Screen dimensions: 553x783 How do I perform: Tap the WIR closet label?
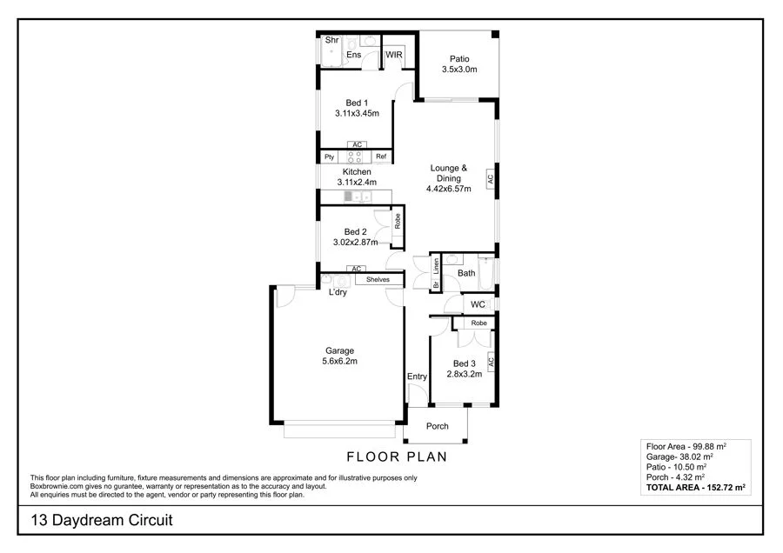[394, 54]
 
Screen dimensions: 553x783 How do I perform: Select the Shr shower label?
[331, 40]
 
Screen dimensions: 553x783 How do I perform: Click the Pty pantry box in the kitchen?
[329, 157]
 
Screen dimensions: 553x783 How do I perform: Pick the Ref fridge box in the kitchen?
[381, 157]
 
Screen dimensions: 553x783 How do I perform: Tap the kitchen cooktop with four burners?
[355, 157]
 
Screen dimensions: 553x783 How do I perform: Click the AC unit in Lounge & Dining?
[490, 177]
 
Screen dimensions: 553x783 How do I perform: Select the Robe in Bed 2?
[397, 221]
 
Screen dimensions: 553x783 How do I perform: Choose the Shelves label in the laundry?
[378, 279]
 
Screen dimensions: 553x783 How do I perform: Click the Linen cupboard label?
[436, 264]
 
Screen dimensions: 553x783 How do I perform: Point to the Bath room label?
[467, 273]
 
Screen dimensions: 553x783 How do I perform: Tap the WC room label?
[478, 304]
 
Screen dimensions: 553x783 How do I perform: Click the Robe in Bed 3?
[478, 323]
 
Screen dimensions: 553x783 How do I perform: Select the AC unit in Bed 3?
[490, 360]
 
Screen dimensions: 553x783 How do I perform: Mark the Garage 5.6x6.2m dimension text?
[339, 361]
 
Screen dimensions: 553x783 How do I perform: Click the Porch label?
[437, 426]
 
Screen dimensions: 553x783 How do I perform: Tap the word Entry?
[417, 376]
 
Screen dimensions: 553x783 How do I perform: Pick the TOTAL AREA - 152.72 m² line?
[695, 489]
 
